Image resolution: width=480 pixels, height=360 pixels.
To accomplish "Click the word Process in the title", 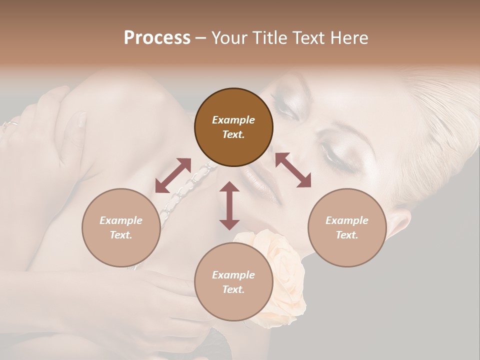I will pos(157,38).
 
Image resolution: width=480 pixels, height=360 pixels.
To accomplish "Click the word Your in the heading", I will pos(229,38).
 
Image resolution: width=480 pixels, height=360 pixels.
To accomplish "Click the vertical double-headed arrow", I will pos(229,205).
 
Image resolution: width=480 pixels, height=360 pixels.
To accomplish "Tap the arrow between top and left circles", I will pos(173,175).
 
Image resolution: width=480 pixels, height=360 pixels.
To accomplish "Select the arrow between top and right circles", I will pos(293,170).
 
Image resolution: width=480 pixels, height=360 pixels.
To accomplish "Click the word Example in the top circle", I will pos(233,120).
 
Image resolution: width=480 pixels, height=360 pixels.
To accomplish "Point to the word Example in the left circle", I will pos(121,220).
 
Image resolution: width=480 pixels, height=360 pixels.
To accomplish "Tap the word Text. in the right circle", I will pos(347,235).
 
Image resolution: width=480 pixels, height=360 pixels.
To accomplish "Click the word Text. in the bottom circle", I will pos(233,289).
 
